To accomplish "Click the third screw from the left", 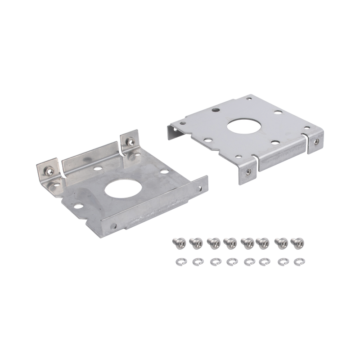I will pyautogui.click(x=212, y=243).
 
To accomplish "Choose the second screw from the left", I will pyautogui.click(x=195, y=243).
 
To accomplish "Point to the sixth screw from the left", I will pyautogui.click(x=262, y=243).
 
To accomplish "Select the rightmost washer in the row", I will pyautogui.click(x=297, y=260).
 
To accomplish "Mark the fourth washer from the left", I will pyautogui.click(x=230, y=260).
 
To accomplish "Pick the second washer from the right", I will pyautogui.click(x=280, y=260).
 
